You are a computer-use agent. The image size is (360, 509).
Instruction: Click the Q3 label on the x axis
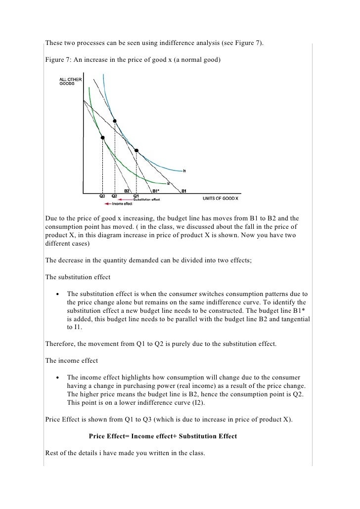102,195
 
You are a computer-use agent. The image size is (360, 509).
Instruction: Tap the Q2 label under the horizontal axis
114,195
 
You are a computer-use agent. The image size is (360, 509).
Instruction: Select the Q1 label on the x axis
136,195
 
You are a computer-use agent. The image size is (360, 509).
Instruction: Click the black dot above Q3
102,138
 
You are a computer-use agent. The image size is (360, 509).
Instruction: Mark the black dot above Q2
115,121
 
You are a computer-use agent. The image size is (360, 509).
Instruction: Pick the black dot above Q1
136,150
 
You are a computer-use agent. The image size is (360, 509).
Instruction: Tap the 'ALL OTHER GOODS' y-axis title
70,82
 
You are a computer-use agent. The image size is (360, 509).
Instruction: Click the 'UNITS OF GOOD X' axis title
220,199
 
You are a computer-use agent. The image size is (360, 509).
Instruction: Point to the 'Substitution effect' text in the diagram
147,200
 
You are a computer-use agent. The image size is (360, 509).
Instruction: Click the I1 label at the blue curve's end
184,171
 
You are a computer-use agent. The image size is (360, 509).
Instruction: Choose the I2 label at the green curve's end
168,183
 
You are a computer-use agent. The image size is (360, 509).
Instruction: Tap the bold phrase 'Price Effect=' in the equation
111,436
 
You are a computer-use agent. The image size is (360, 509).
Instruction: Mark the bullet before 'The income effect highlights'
58,377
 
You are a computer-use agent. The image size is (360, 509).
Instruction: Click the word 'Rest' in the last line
52,453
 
